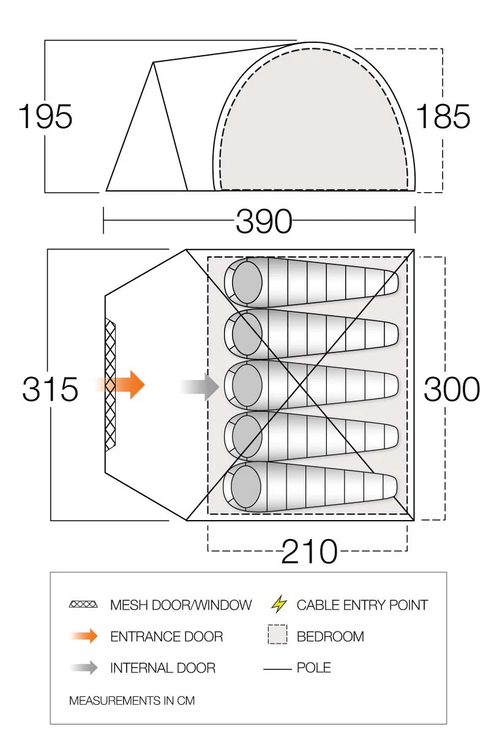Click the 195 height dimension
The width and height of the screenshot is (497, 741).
(x=45, y=116)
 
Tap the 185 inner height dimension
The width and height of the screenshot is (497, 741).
(x=443, y=116)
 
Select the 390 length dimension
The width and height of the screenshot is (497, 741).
(x=264, y=221)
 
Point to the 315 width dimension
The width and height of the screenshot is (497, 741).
(x=50, y=389)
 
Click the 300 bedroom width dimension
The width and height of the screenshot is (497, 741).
(x=452, y=389)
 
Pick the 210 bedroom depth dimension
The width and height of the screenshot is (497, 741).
(x=309, y=551)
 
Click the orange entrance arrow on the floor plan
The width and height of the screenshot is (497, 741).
(x=120, y=385)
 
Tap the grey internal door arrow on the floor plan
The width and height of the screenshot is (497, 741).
(x=200, y=386)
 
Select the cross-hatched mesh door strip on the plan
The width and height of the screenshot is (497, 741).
(x=110, y=385)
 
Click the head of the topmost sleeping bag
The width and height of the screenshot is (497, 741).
(x=247, y=282)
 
